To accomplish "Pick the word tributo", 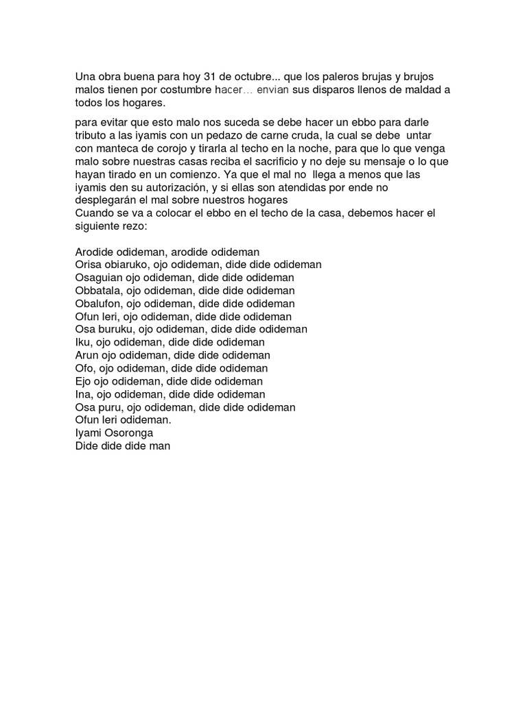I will pos(91,135).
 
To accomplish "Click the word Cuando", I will pos(93,213).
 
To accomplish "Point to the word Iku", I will pos(82,343).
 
